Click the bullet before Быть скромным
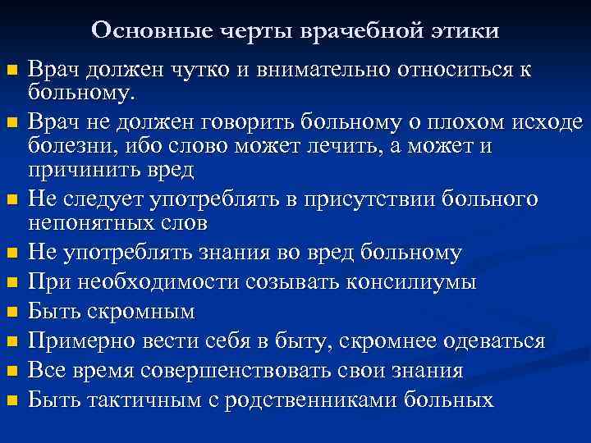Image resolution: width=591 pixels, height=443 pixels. tap(11, 313)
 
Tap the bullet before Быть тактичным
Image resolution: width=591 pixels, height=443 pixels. tap(11, 401)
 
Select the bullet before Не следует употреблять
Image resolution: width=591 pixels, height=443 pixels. tap(11, 200)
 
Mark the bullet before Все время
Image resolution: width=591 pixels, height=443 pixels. tap(11, 372)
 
